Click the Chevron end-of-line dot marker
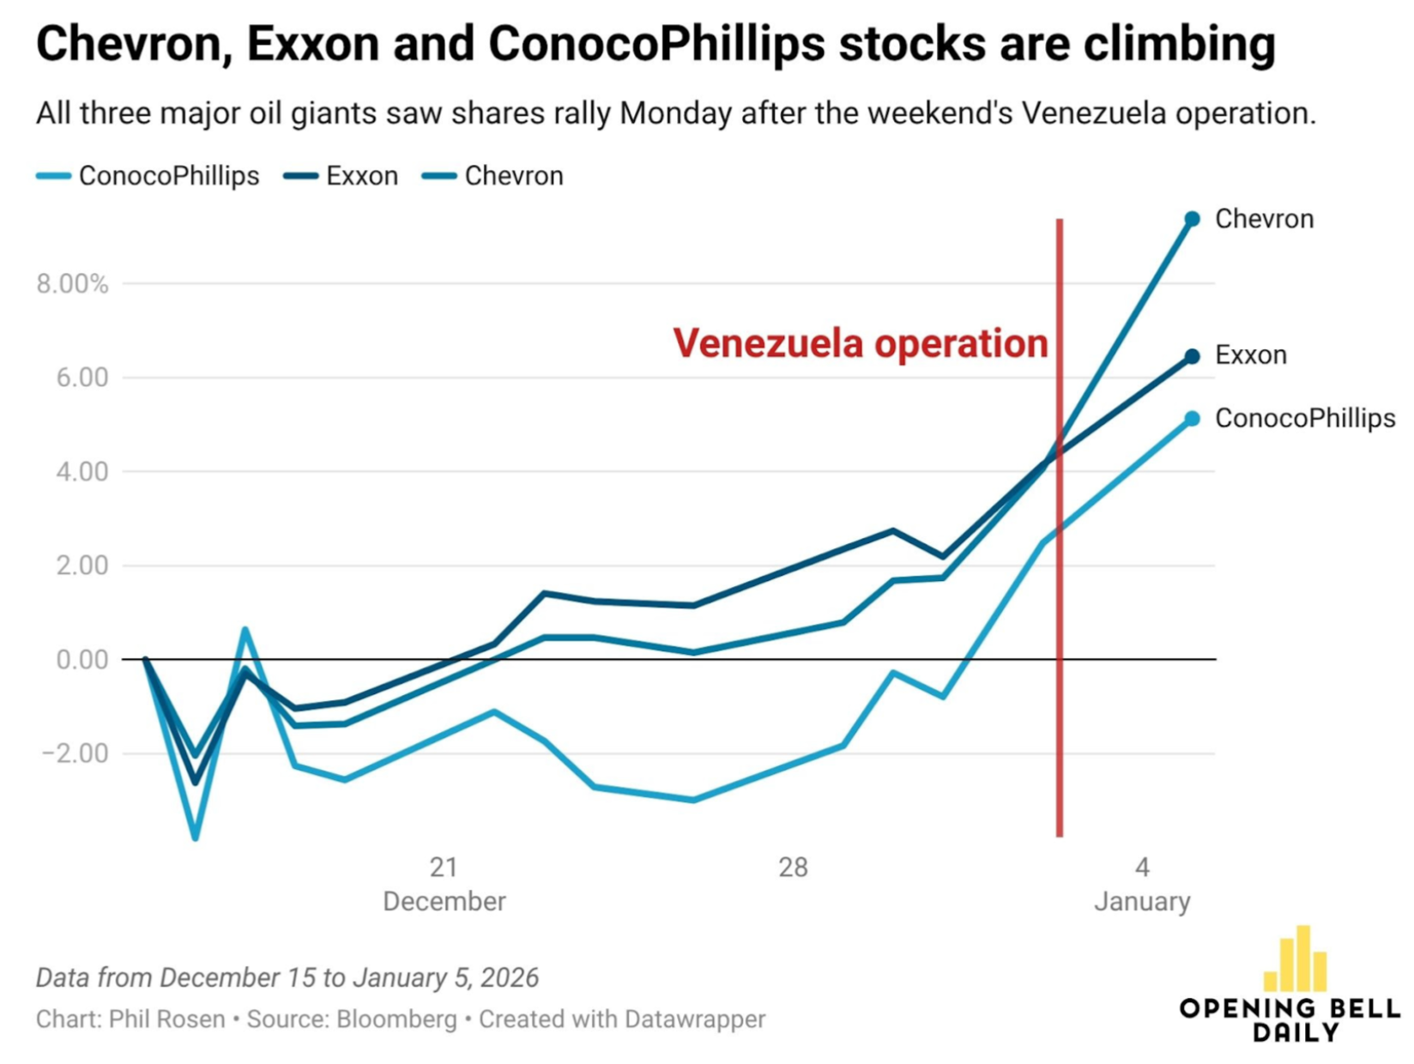tap(1192, 220)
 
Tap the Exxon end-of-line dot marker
tap(1192, 356)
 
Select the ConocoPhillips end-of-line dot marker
tap(1192, 419)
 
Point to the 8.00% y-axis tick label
tap(73, 284)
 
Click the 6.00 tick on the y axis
tap(82, 378)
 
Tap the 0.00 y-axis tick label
tap(82, 660)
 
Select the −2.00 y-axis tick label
tap(76, 753)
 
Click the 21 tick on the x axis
tap(444, 868)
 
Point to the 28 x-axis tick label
tap(793, 868)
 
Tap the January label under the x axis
tap(1142, 902)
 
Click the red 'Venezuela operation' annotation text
tap(860, 343)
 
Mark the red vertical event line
tap(1060, 601)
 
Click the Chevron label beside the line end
tap(1264, 219)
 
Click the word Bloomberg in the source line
tap(396, 1019)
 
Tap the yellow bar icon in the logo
tap(1296, 959)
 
